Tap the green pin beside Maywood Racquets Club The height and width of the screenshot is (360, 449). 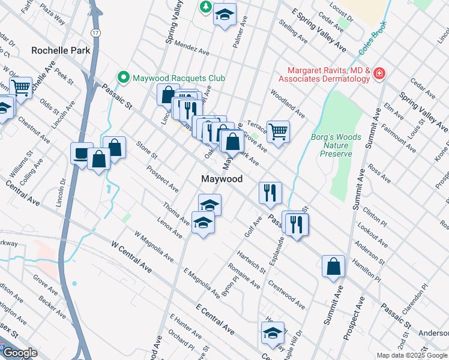124,77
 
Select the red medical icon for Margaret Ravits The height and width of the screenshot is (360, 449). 379,74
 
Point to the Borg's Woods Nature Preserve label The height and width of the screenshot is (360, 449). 336,145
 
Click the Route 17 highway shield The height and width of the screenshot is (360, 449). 95,31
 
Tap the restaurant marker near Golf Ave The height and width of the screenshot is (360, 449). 270,192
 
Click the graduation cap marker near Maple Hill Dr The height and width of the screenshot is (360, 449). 273,333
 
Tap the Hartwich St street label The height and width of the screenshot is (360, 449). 251,260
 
